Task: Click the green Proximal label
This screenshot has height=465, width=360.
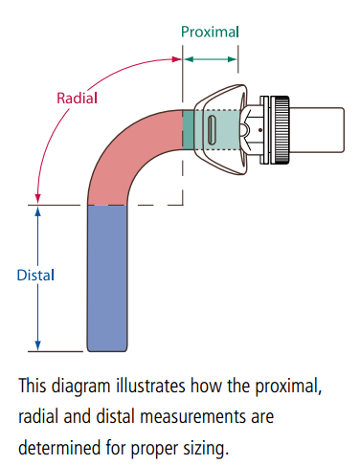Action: (x=210, y=32)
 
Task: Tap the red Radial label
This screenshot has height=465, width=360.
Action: (x=77, y=97)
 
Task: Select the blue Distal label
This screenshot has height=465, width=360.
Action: (x=36, y=276)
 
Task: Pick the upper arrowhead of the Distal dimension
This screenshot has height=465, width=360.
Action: (x=38, y=210)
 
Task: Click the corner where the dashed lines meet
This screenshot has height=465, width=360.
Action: (x=182, y=204)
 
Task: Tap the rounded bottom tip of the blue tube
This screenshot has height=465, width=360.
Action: (x=106, y=346)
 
